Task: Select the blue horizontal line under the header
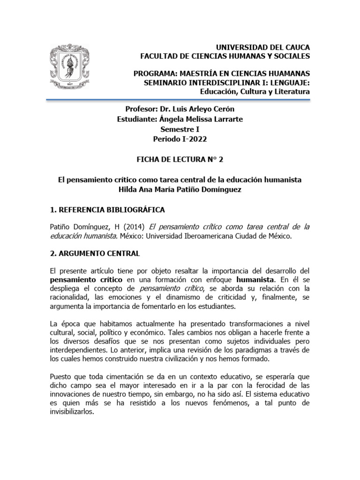click(180, 99)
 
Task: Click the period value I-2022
click(191, 139)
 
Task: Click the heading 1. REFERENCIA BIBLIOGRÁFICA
click(107, 209)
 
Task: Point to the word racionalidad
click(73, 298)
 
